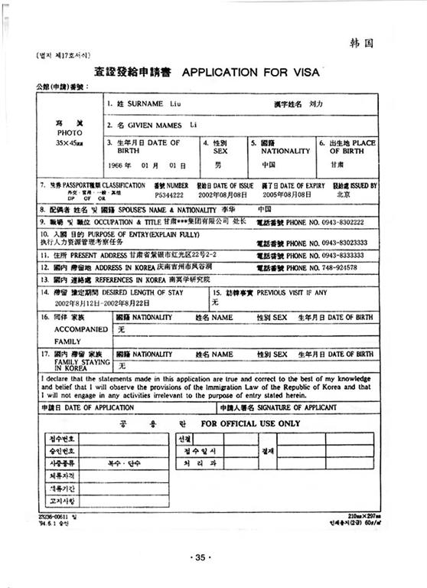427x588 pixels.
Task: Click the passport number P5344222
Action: [x=170, y=195]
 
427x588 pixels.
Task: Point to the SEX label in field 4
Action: [x=220, y=151]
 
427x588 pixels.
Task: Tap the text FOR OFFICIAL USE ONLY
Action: [x=250, y=423]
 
